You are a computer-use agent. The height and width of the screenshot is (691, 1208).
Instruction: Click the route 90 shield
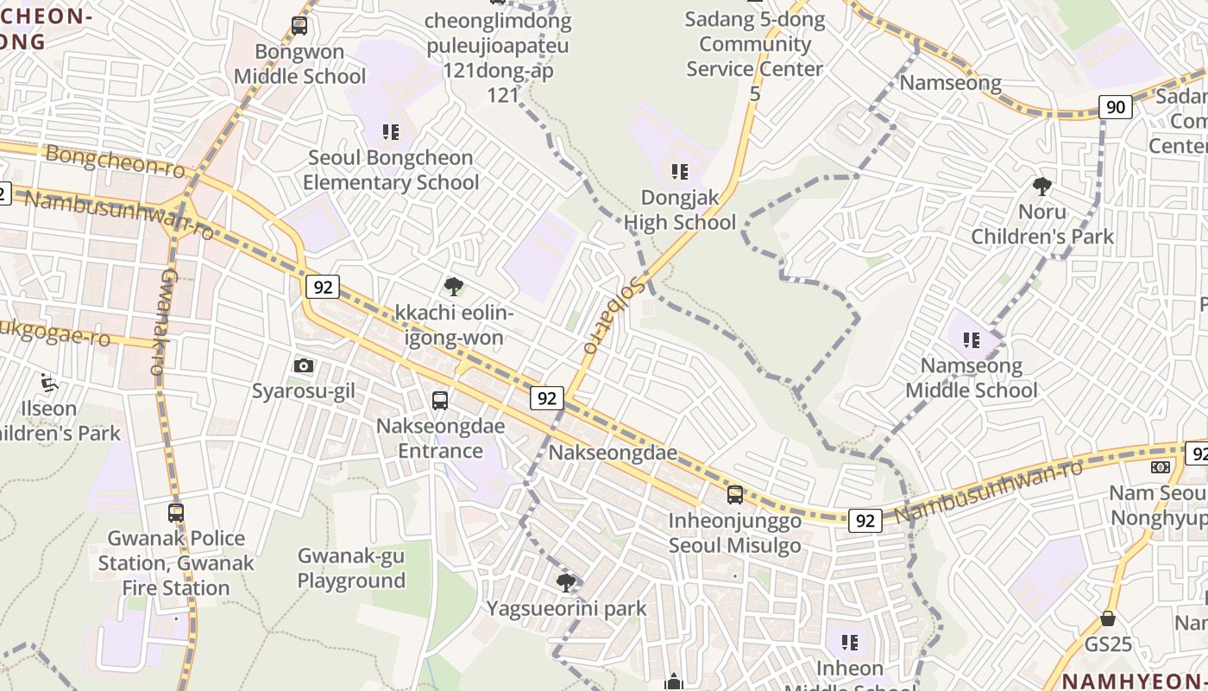(x=1116, y=107)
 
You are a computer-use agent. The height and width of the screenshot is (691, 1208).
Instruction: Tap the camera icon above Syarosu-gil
(x=304, y=365)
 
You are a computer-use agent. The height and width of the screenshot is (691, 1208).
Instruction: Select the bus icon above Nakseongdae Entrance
(x=440, y=400)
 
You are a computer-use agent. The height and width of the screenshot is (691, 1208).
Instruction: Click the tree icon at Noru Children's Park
(x=1042, y=186)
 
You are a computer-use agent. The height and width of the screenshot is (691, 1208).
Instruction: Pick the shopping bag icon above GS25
(x=1108, y=618)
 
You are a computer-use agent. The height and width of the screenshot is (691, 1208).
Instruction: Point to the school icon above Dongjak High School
(x=680, y=172)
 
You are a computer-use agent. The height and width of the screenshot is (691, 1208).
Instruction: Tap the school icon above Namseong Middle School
(x=972, y=339)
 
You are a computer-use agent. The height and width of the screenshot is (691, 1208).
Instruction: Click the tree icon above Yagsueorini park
(x=566, y=583)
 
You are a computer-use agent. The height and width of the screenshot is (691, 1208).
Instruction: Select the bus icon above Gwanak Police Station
(x=176, y=512)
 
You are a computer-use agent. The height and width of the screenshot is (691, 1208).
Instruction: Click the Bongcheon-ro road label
(x=114, y=162)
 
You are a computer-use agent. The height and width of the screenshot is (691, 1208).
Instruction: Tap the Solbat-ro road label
(x=613, y=315)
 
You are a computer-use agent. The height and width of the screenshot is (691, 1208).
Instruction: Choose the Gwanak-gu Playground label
(x=351, y=568)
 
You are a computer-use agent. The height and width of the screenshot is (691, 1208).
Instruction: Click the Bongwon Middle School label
(x=300, y=64)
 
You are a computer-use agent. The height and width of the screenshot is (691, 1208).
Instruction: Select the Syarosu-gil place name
(x=304, y=391)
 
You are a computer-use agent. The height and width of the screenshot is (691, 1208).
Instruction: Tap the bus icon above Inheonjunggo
(x=735, y=495)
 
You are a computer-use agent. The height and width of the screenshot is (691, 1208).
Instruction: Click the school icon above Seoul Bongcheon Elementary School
(x=391, y=132)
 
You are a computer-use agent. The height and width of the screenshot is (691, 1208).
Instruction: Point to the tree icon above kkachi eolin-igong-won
(x=453, y=287)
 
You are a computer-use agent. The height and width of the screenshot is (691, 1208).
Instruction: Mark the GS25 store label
(x=1108, y=644)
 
